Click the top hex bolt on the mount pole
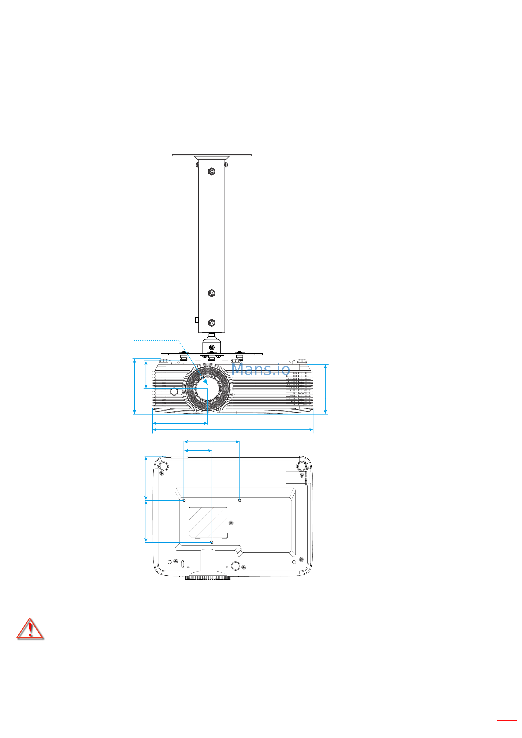pos(212,172)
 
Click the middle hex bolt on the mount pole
pos(212,293)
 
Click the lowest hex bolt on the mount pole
pos(212,323)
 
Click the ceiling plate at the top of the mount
pos(212,155)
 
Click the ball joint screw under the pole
pos(212,347)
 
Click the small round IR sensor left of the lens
pos(174,392)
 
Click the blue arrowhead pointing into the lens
pos(205,382)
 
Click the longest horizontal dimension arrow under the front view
pos(233,429)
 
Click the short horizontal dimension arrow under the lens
pos(180,423)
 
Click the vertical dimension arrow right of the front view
pos(325,389)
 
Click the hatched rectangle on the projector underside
pos(208,522)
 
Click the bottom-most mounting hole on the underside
pos(212,542)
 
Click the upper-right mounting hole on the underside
pos(239,500)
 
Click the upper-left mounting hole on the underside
pos(184,500)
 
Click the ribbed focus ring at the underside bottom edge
pos(208,578)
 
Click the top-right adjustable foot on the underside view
pos(302,465)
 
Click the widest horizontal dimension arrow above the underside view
pos(212,442)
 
